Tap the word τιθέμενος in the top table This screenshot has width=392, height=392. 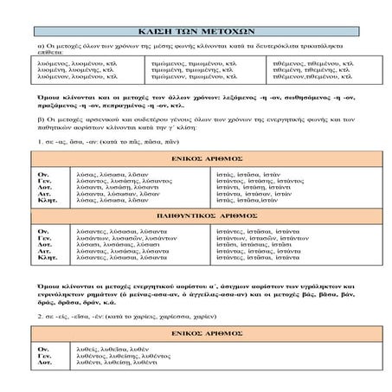tap(292, 63)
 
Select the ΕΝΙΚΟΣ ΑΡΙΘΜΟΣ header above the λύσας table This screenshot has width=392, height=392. tap(196, 159)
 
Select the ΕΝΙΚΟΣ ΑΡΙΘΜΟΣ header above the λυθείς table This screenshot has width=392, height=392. tap(196, 334)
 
